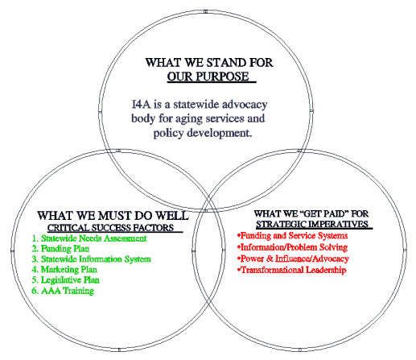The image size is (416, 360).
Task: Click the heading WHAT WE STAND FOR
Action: tap(209, 63)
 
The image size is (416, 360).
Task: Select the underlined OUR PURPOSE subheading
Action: tap(208, 77)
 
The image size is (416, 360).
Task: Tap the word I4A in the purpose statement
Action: tap(141, 104)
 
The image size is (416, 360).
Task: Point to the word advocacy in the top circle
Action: tap(243, 105)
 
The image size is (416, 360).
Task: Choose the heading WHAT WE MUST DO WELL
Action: tap(113, 216)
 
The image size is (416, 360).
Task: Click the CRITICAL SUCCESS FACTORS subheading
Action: tap(111, 228)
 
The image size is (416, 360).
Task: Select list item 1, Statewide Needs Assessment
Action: tap(89, 238)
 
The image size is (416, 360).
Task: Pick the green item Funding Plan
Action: tap(60, 249)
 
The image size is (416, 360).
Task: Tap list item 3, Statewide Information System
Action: tap(91, 259)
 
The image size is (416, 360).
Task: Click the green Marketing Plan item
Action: tap(64, 269)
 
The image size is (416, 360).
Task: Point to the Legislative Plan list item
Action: tap(65, 280)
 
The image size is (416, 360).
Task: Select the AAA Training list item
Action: tap(63, 291)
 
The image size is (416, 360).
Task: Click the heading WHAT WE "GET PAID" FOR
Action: tap(311, 213)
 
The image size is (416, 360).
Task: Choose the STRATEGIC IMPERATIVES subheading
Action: tap(312, 224)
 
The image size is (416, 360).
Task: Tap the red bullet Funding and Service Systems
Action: tap(292, 235)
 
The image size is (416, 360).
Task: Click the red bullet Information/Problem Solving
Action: tap(292, 247)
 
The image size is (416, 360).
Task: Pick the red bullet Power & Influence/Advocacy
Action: tap(293, 259)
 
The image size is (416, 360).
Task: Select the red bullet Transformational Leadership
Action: tap(291, 270)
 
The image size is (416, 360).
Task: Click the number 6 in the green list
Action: tap(34, 291)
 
